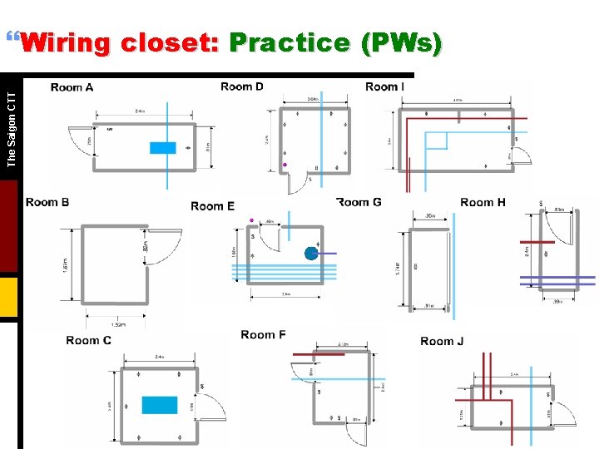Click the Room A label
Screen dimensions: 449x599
point(72,87)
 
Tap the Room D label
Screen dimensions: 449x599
point(242,86)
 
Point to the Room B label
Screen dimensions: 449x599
point(47,202)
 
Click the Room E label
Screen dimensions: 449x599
point(212,206)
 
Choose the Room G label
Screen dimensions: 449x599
point(359,202)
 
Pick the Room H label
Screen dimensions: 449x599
point(483,202)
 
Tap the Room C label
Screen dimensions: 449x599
point(88,340)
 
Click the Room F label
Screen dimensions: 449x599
point(263,335)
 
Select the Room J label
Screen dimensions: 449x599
point(442,341)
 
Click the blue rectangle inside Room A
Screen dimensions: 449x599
point(163,148)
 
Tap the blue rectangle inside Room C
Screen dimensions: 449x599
point(160,405)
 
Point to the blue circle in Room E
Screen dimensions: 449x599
point(311,253)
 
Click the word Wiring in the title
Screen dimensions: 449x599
point(67,42)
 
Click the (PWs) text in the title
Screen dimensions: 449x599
point(401,42)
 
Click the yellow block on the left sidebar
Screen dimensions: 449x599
point(8,297)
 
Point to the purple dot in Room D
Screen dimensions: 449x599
point(285,165)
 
